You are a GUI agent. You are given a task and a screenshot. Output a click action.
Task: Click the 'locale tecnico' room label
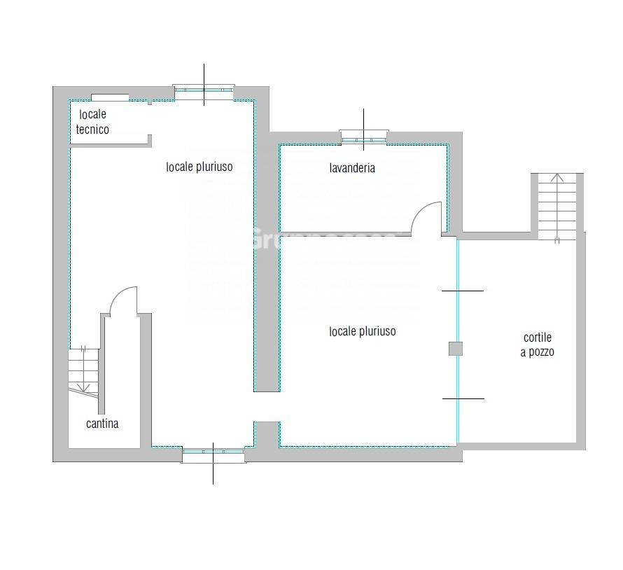(92, 122)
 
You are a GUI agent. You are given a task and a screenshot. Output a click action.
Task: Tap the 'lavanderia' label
(352, 168)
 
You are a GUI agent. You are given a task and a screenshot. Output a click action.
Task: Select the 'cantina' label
(102, 424)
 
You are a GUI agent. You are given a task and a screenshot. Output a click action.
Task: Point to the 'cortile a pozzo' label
(537, 345)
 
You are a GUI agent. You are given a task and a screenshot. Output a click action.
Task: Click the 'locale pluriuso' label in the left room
(199, 167)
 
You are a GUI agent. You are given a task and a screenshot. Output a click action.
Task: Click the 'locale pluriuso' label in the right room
(362, 331)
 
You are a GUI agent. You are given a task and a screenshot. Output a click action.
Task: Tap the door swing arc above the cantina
(123, 297)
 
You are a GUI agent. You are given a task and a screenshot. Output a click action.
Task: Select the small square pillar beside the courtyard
(456, 348)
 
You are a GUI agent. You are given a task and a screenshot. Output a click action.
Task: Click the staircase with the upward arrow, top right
(557, 207)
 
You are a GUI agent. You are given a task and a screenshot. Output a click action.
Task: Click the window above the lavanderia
(363, 137)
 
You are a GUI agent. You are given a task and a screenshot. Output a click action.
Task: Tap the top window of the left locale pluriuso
(204, 90)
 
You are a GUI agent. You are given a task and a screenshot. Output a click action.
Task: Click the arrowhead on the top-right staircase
(557, 176)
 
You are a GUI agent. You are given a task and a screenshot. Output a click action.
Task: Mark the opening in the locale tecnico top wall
(110, 97)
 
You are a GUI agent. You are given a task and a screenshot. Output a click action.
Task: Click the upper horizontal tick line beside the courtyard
(462, 291)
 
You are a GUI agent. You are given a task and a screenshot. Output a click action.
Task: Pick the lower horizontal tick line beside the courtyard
(463, 398)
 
